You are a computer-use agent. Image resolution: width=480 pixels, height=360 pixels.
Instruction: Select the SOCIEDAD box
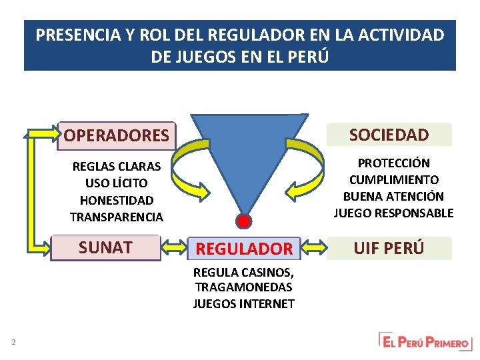point(389,135)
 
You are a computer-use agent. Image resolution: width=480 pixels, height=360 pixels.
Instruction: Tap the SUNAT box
point(106,247)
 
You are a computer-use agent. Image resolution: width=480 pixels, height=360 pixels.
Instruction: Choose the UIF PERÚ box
point(389,248)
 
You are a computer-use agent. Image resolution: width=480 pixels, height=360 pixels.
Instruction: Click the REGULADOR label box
point(243,249)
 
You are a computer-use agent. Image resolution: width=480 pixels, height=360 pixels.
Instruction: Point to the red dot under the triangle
point(244,221)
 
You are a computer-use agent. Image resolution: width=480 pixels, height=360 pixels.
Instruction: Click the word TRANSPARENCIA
point(116,217)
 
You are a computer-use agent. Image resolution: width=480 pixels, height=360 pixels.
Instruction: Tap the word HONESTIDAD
point(116,200)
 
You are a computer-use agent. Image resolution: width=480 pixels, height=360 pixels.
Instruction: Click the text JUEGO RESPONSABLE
point(393,213)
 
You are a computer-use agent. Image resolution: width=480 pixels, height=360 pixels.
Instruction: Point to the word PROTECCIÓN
point(393,163)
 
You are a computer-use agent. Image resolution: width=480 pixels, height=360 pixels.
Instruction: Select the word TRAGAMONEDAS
point(243,287)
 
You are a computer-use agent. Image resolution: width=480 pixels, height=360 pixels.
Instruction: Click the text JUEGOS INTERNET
point(243,304)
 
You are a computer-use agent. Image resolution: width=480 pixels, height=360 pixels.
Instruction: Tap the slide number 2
point(13,343)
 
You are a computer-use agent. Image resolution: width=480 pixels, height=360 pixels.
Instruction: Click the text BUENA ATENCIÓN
point(393,197)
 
